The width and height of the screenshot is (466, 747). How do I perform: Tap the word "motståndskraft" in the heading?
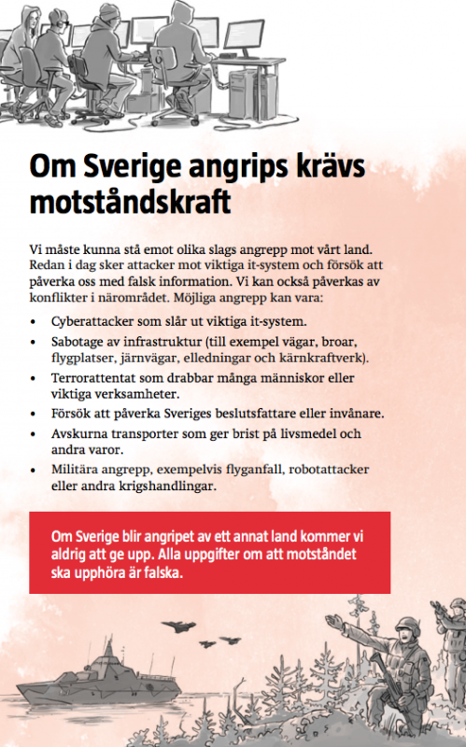click(x=131, y=202)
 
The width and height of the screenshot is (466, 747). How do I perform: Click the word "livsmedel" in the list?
click(x=311, y=434)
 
